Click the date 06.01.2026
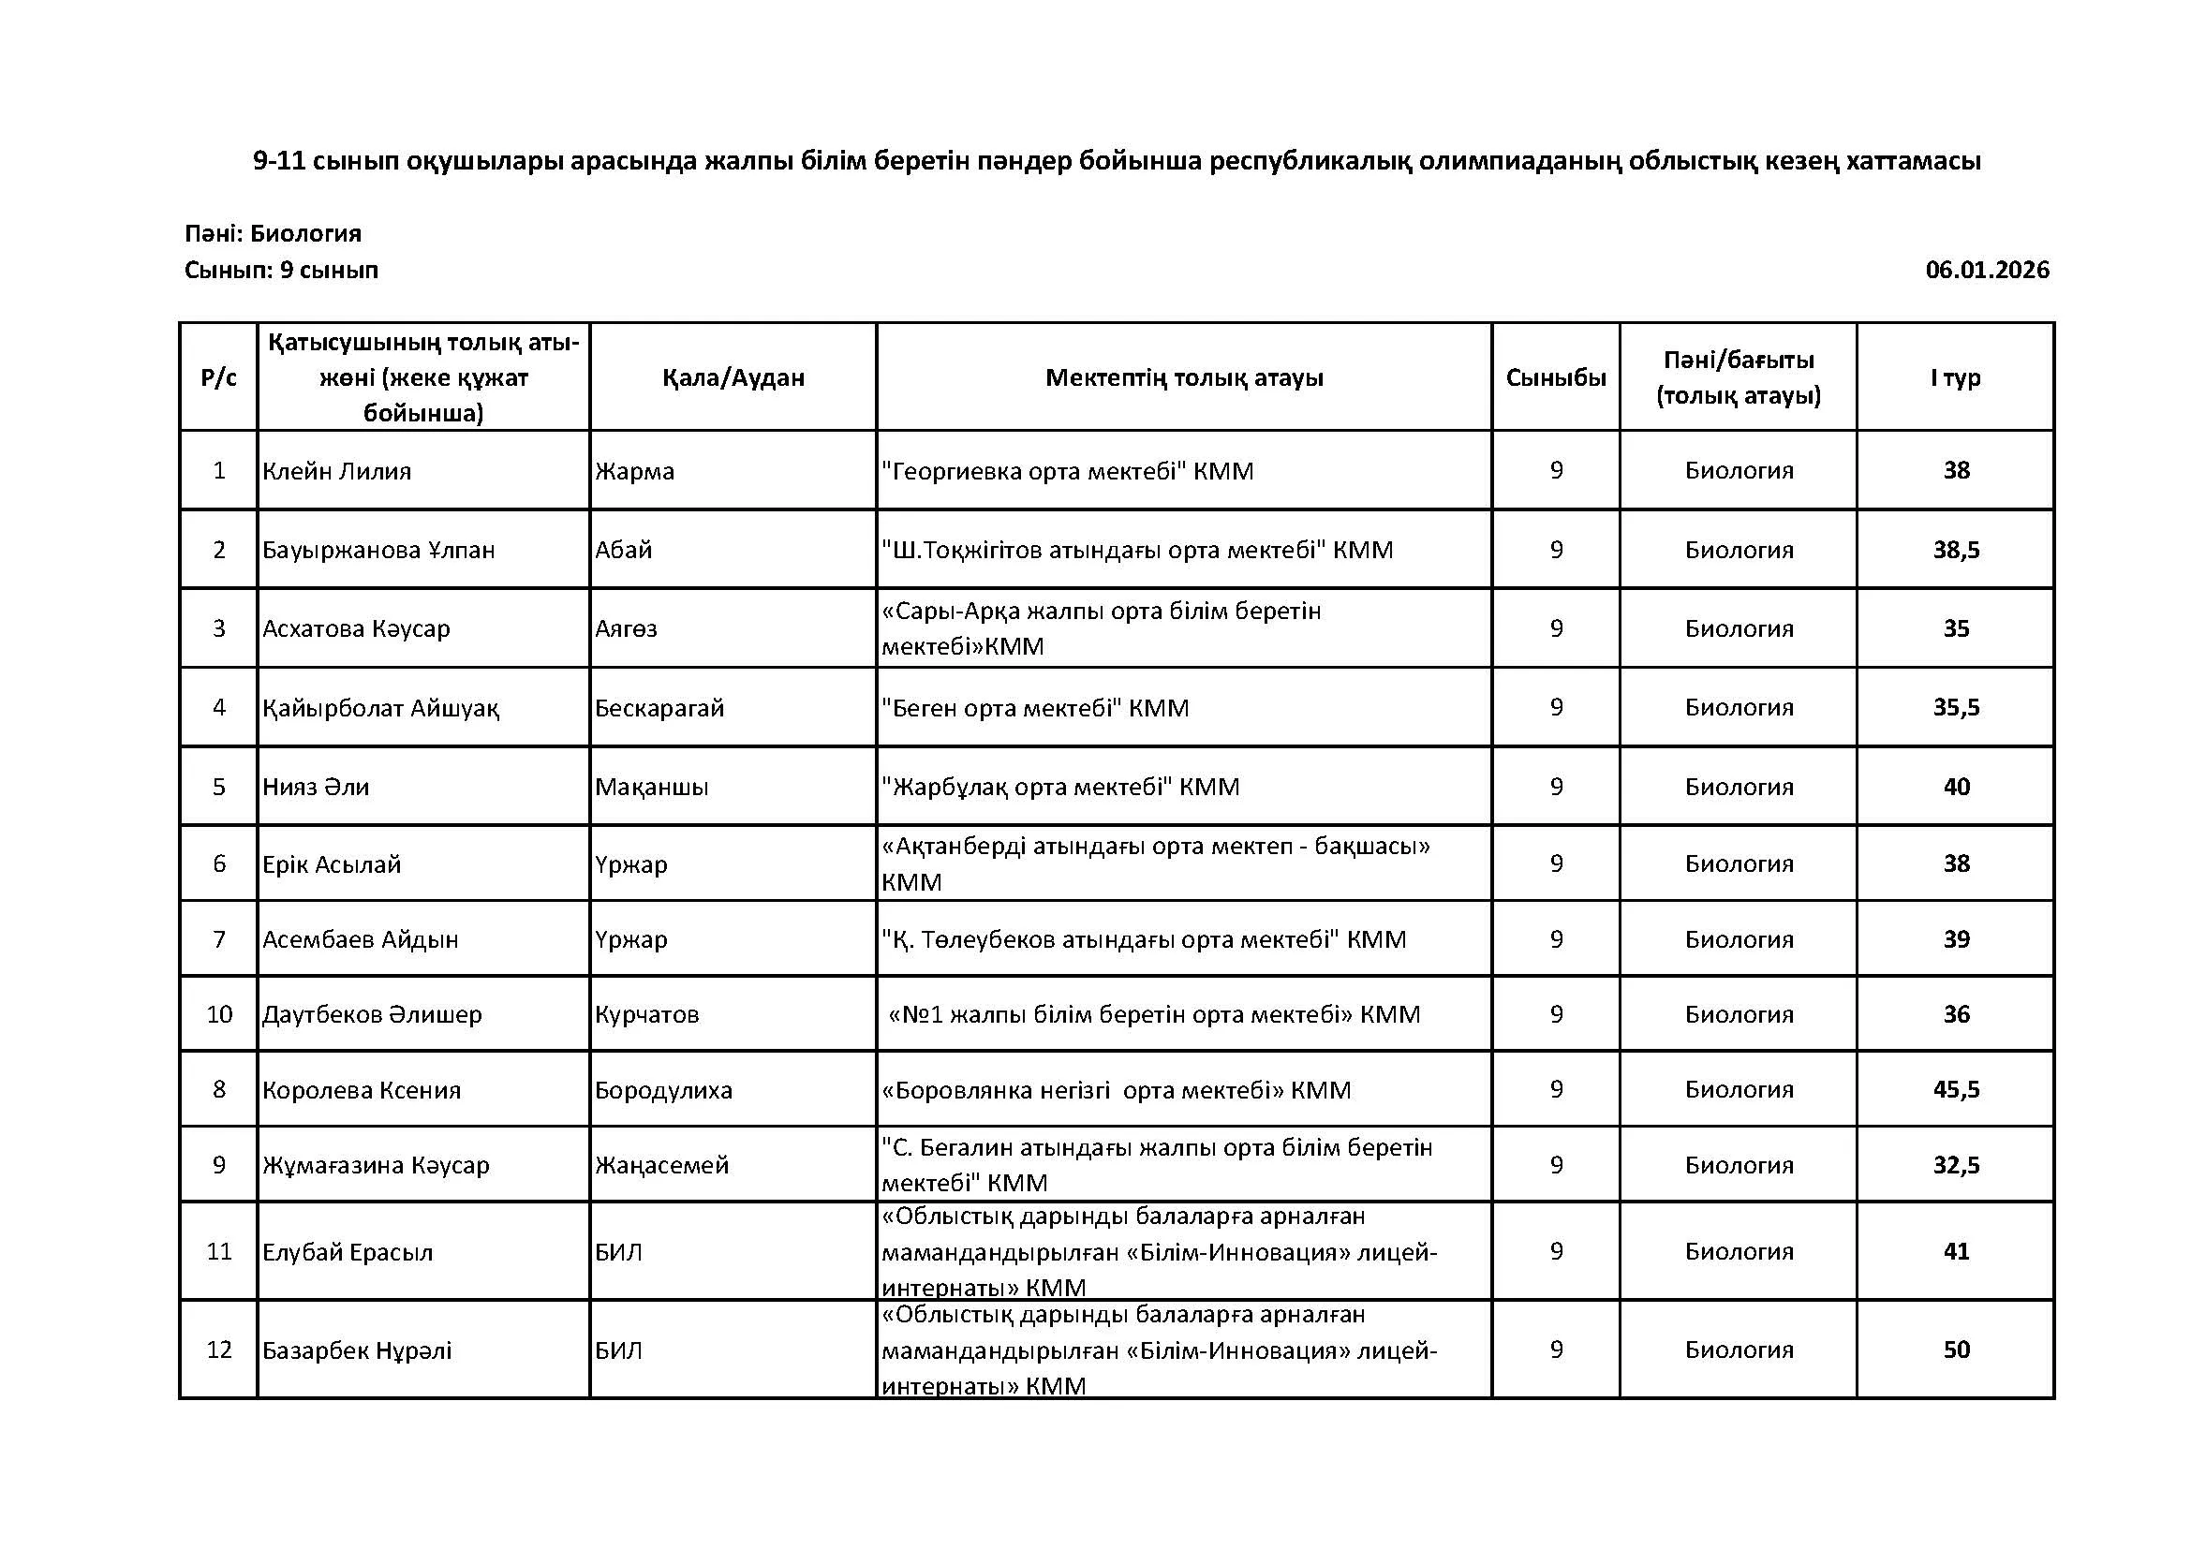[1987, 270]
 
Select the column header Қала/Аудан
[733, 377]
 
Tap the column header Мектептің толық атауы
[1184, 377]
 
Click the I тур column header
[1955, 377]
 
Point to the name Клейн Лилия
[337, 471]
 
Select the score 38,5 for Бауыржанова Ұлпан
[1956, 551]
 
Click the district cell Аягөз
[626, 628]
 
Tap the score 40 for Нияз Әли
[1956, 787]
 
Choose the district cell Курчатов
[647, 1014]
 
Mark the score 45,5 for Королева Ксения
[1956, 1089]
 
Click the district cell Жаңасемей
[662, 1165]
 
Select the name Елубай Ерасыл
[348, 1252]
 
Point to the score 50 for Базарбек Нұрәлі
[1956, 1350]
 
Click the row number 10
[219, 1014]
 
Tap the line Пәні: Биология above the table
[273, 234]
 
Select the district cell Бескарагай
[659, 708]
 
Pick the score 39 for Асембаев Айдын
[1956, 939]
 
